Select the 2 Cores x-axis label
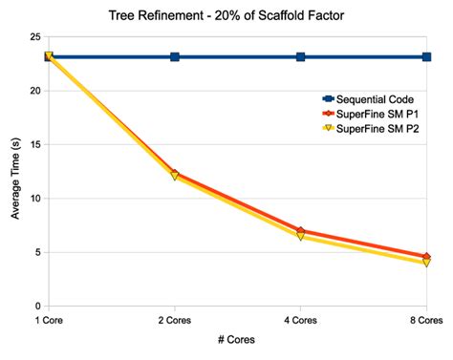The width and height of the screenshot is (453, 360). (175, 318)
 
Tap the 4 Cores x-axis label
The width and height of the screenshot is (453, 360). (301, 318)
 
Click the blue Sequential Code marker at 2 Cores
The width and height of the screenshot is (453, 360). (175, 57)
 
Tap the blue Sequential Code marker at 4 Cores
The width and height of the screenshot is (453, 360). (301, 57)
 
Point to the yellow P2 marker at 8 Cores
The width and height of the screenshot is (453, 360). (426, 262)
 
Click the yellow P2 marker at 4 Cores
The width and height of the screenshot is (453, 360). (301, 235)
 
